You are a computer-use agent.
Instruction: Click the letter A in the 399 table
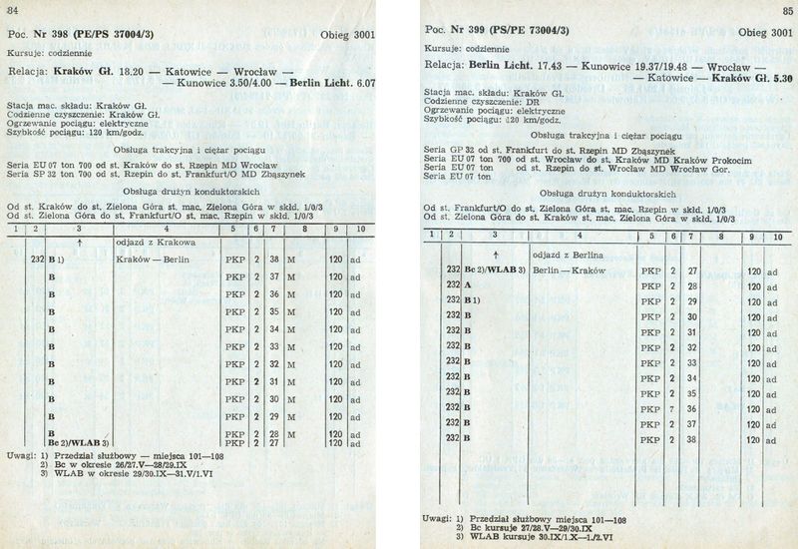[x=468, y=285]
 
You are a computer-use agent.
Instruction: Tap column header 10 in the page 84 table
[x=357, y=230]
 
